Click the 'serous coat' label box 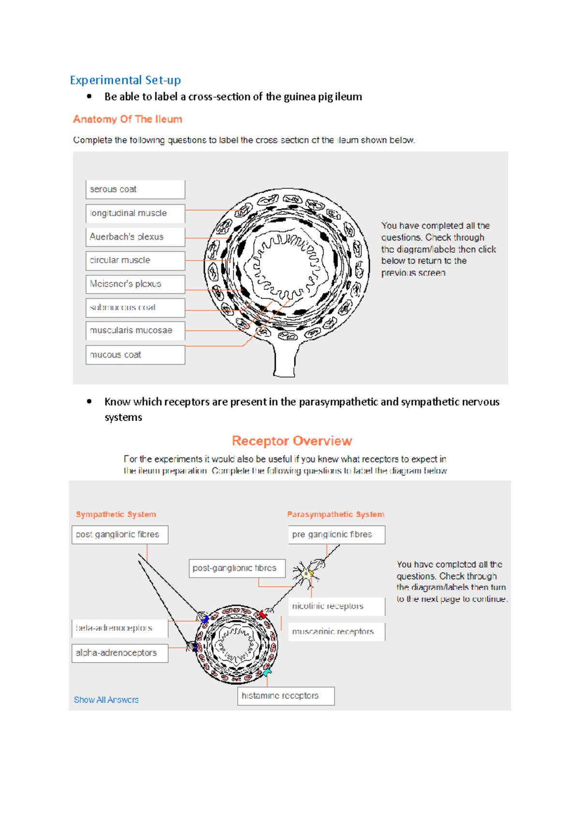pyautogui.click(x=135, y=189)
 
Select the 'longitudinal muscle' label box pyautogui.click(x=135, y=213)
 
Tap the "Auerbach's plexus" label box pyautogui.click(x=135, y=237)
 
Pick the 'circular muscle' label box pyautogui.click(x=135, y=260)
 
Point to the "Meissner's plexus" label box pyautogui.click(x=135, y=284)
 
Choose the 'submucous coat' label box pyautogui.click(x=135, y=307)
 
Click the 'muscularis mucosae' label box pyautogui.click(x=135, y=331)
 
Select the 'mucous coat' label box pyautogui.click(x=135, y=354)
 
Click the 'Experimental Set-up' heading pyautogui.click(x=125, y=80)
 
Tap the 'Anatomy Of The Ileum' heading pyautogui.click(x=128, y=119)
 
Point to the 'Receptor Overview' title pyautogui.click(x=292, y=441)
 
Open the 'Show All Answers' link pyautogui.click(x=106, y=700)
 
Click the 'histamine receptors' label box pyautogui.click(x=286, y=696)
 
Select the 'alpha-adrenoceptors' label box pyautogui.click(x=120, y=653)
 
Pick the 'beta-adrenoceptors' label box pyautogui.click(x=120, y=628)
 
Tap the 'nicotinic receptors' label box pyautogui.click(x=336, y=606)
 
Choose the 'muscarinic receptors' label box pyautogui.click(x=336, y=632)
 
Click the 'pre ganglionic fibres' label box pyautogui.click(x=336, y=535)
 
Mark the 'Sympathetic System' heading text pyautogui.click(x=116, y=514)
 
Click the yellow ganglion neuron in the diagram pyautogui.click(x=307, y=574)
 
